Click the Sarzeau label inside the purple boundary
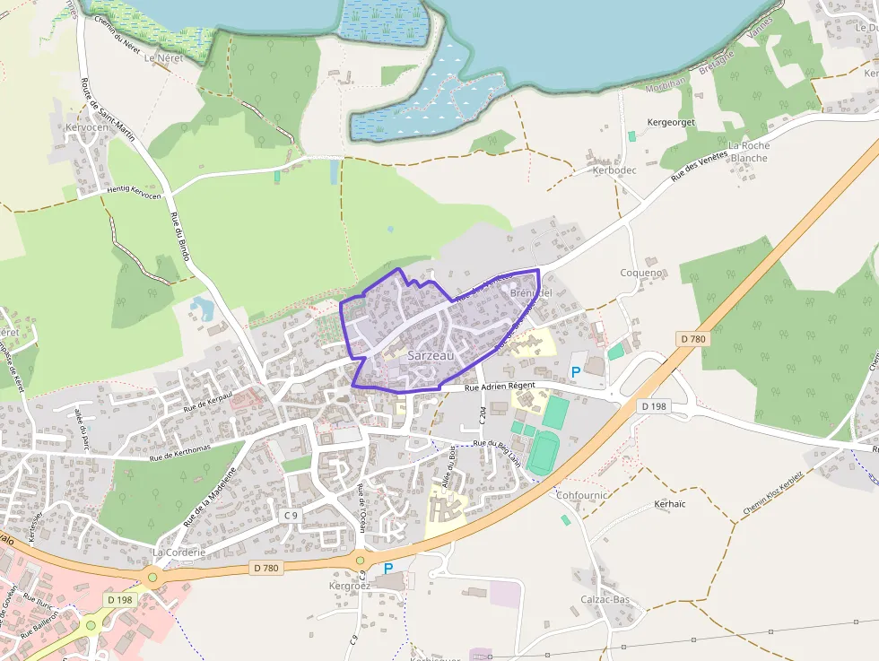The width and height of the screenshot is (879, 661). (431, 356)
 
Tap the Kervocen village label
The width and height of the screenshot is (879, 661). (87, 128)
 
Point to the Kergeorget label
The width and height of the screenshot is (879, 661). (671, 122)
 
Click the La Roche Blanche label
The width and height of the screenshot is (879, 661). (748, 152)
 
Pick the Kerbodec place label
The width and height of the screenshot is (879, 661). (614, 170)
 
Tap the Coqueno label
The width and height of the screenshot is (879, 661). (641, 273)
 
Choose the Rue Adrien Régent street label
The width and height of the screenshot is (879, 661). (500, 386)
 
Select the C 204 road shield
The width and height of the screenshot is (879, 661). (483, 415)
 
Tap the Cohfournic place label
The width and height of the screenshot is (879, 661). (582, 494)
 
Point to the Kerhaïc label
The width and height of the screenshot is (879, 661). (670, 504)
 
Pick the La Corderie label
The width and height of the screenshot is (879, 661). (179, 552)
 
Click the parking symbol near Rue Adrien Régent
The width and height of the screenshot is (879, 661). (576, 371)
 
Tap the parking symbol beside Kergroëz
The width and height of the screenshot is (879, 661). (388, 568)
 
